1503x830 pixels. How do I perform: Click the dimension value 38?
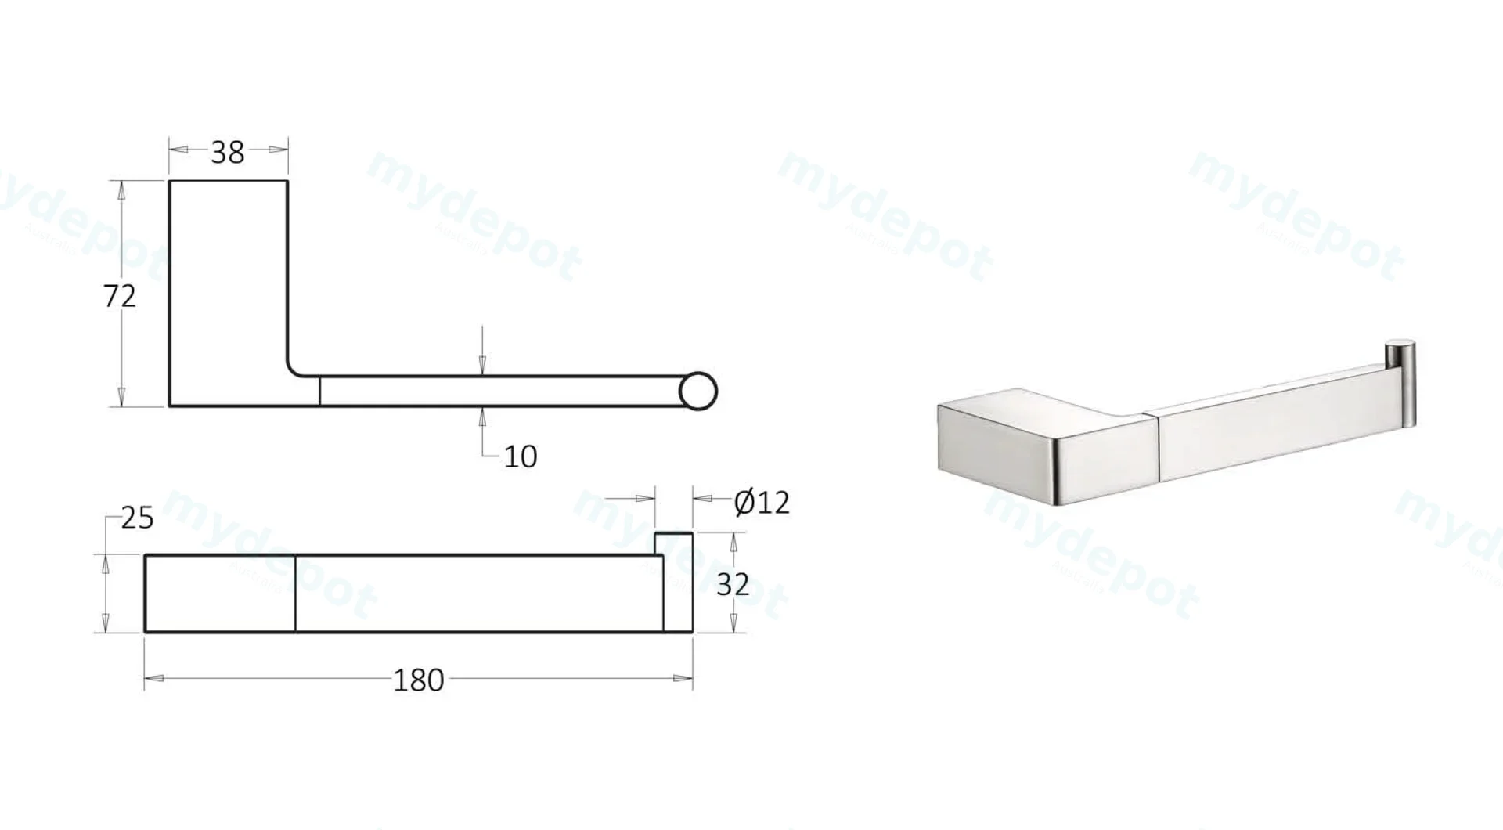[228, 152]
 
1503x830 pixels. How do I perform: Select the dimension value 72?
[119, 295]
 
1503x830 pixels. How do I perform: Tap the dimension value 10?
[521, 456]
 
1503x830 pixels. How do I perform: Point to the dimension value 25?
[138, 518]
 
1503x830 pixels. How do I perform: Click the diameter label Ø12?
[762, 502]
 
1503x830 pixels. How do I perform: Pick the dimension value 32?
[733, 584]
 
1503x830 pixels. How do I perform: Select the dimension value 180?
[419, 680]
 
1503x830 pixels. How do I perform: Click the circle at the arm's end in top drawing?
[698, 392]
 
